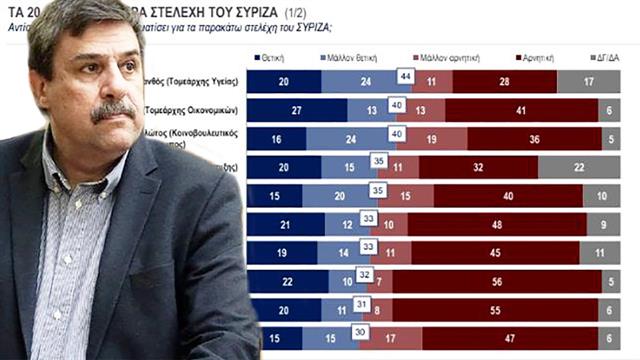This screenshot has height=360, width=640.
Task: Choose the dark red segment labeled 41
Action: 521,110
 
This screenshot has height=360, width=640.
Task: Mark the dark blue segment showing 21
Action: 285,224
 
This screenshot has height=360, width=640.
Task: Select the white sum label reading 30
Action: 358,332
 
